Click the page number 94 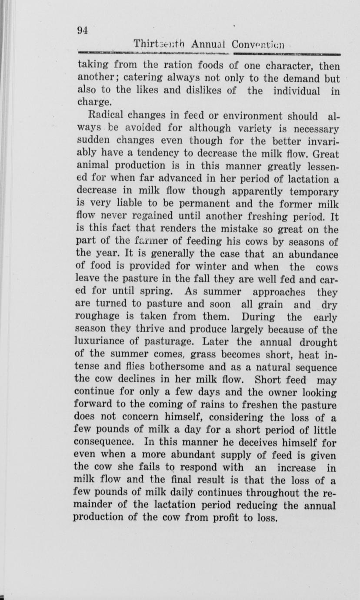pyautogui.click(x=83, y=30)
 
